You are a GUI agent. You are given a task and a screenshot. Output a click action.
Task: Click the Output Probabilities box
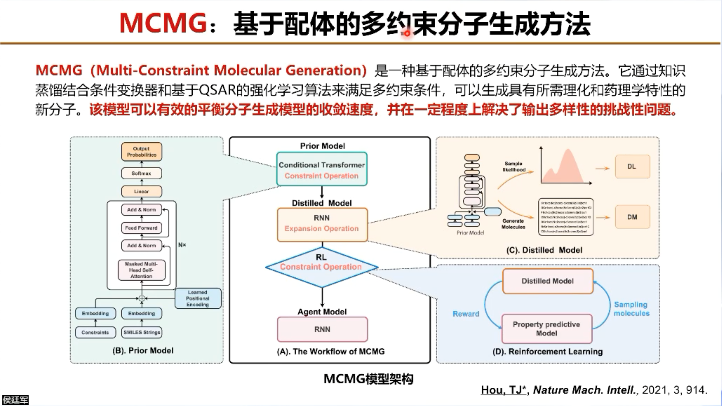[x=141, y=152]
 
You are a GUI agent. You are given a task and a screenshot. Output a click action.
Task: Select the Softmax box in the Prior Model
[x=141, y=173]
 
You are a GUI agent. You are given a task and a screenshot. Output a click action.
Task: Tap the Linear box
[x=141, y=191]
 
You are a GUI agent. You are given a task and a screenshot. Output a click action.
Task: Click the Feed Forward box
[x=141, y=228]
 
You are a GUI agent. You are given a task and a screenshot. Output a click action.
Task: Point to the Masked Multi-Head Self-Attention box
[x=141, y=270]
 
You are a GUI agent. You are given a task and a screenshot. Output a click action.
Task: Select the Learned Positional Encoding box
[x=198, y=298]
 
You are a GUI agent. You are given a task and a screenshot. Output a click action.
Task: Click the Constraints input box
[x=95, y=332]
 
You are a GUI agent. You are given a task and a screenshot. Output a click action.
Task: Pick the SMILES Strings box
[x=142, y=332]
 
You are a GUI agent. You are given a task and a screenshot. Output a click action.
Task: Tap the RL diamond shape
[x=322, y=267]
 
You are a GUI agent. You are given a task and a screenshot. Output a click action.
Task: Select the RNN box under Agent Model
[x=322, y=329]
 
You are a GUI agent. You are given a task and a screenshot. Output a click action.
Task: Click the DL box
[x=632, y=166]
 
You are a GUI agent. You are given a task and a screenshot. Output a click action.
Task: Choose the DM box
[x=632, y=217]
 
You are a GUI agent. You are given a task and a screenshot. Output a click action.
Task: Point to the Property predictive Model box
[x=547, y=328]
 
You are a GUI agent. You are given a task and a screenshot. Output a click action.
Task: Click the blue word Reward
[x=466, y=314]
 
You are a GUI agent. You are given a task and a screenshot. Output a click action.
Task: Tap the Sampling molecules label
[x=631, y=309]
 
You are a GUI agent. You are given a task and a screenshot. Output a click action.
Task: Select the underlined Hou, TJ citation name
[x=503, y=390]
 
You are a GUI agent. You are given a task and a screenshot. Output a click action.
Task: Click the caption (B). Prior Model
[x=143, y=350]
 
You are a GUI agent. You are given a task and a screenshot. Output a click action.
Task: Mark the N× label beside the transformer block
[x=182, y=245]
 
